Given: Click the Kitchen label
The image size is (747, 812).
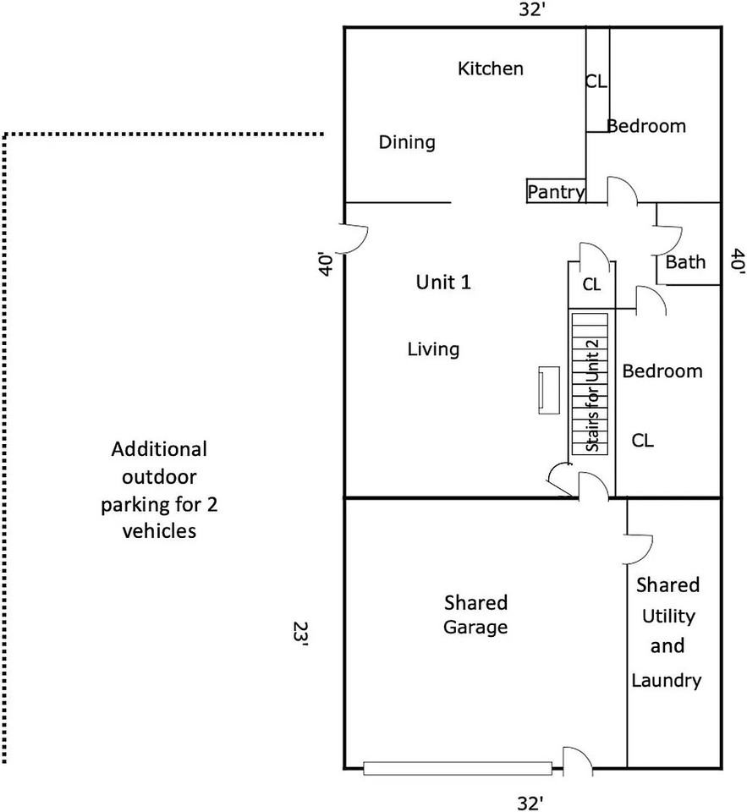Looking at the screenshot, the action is tap(490, 69).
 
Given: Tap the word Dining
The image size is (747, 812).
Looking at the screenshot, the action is tap(407, 142).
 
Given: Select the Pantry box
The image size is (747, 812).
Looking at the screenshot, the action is tap(556, 190).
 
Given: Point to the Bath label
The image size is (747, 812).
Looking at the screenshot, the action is tap(685, 262).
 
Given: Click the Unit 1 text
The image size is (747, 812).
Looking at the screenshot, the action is tap(443, 283).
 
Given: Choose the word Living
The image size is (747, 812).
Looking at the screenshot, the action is tap(433, 349).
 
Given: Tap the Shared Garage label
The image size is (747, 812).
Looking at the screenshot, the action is tap(475, 615).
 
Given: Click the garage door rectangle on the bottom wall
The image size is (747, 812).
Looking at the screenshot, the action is tap(458, 768).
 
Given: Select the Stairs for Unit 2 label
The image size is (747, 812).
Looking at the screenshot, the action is tap(593, 396).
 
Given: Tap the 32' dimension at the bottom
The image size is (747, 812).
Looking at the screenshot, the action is tap(530, 803).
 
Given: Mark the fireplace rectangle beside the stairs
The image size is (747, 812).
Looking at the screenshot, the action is tap(548, 391).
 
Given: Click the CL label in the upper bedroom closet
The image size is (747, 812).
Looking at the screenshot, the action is tap(596, 81).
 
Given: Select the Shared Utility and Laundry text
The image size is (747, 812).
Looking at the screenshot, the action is tap(667, 633).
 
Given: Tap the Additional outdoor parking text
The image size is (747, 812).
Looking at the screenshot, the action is tap(159, 490).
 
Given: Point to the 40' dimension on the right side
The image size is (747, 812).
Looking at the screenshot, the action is tap(737, 261).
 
